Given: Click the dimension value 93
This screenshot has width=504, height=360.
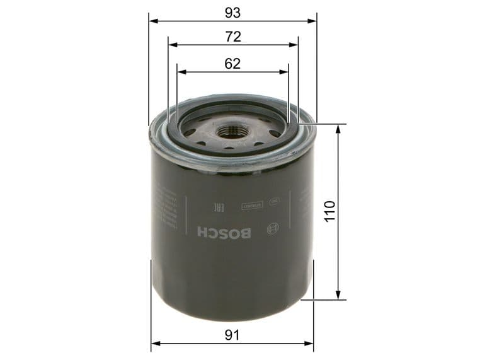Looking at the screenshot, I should coord(232,11).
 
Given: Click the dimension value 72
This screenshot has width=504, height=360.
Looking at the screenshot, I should coord(233,37).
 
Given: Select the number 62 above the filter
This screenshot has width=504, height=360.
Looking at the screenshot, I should coord(233,63).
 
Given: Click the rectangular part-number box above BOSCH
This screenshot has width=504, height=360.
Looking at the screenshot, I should coord(249,206).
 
